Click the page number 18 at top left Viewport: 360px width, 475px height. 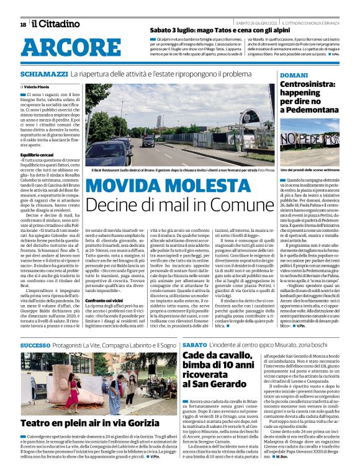point(23,24)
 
